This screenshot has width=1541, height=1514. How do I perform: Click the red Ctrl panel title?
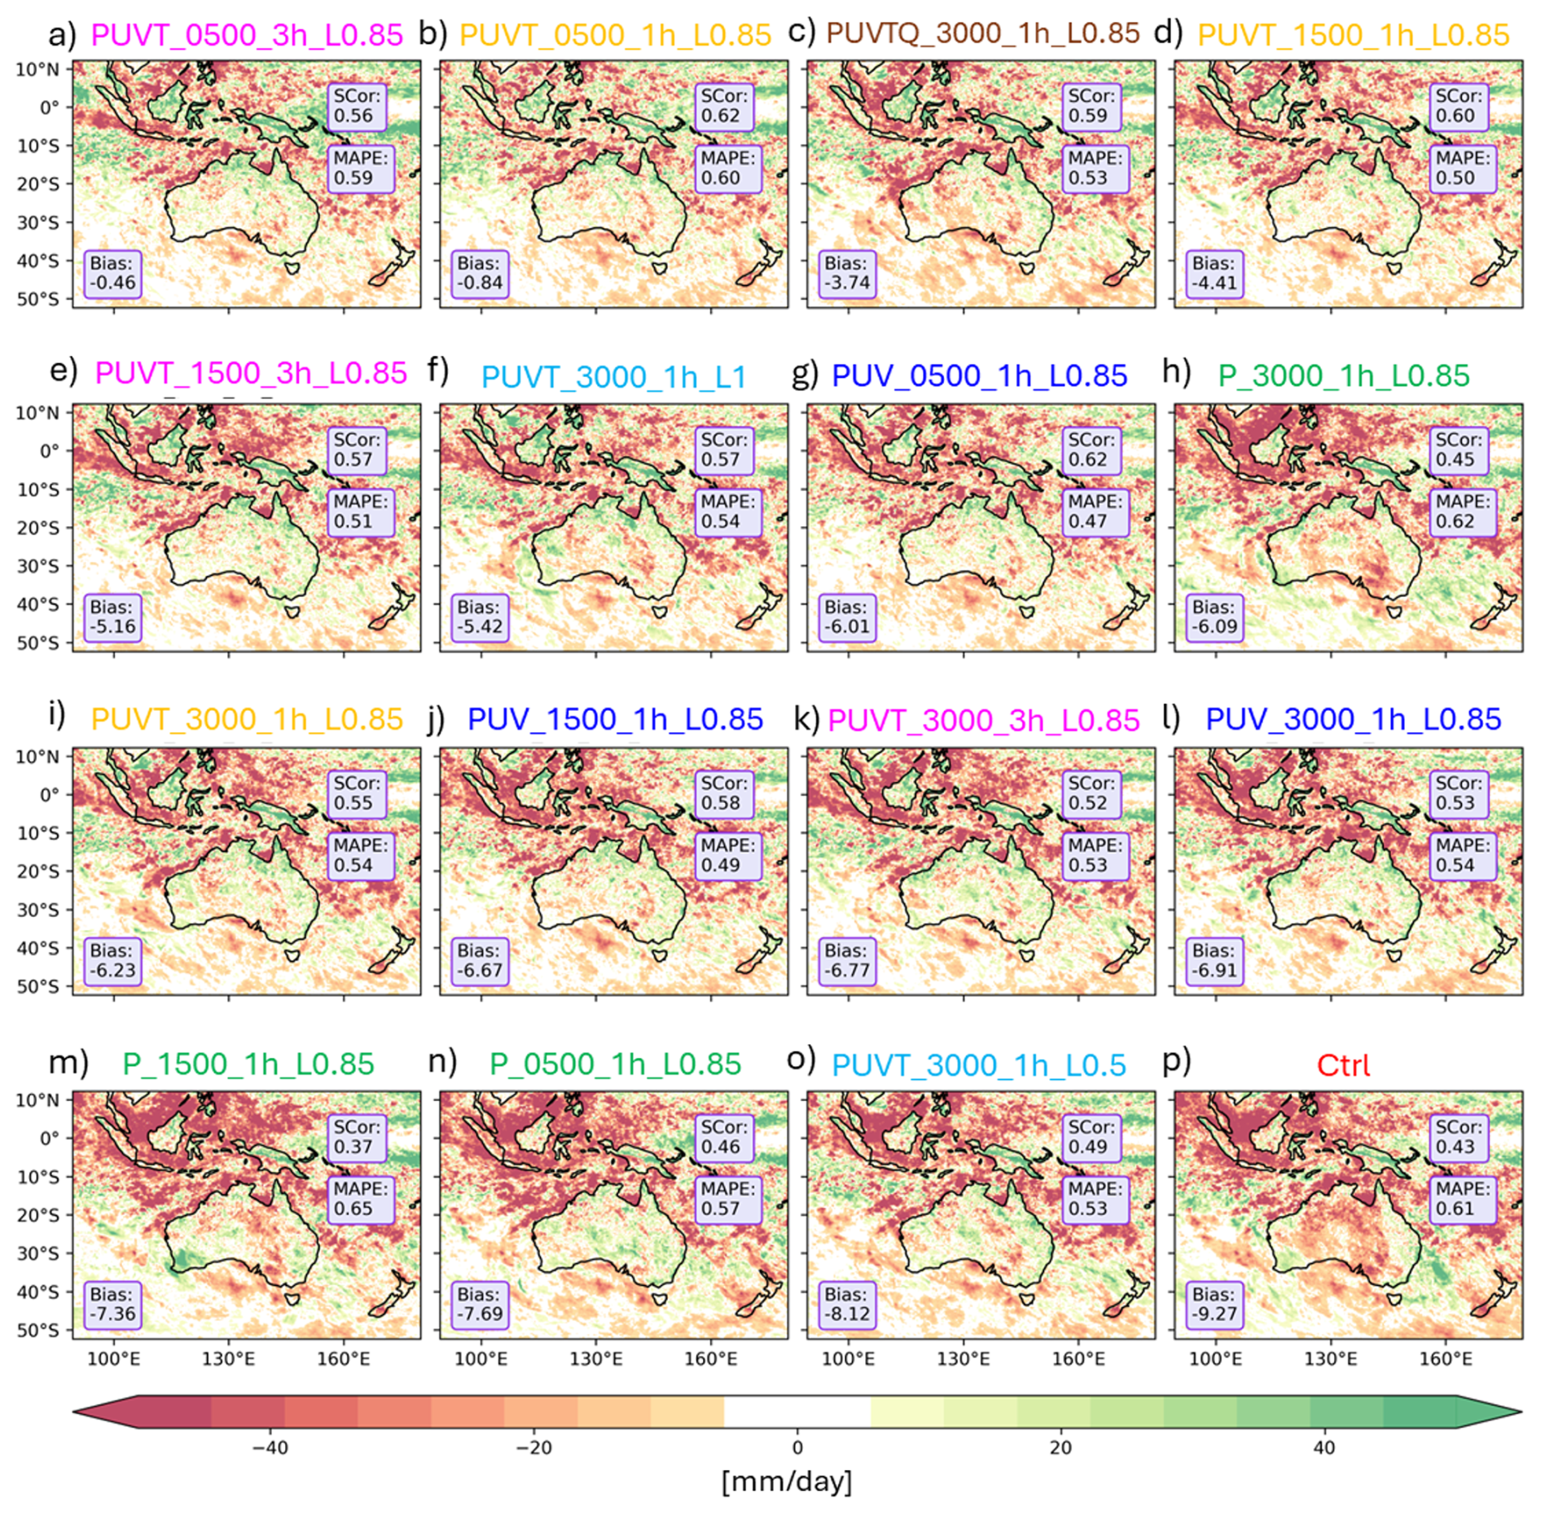[x=1343, y=1064]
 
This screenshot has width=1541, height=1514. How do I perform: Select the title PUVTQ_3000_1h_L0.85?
[x=982, y=33]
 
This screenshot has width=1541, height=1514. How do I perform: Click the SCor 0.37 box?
[x=356, y=1137]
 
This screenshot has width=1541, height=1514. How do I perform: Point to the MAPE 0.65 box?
[x=361, y=1199]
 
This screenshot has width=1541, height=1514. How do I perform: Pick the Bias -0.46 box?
[x=112, y=274]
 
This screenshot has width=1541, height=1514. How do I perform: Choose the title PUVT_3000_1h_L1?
[x=613, y=377]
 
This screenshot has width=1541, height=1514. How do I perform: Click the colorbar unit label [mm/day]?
[x=786, y=1481]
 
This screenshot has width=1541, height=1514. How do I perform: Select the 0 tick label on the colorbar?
[x=797, y=1447]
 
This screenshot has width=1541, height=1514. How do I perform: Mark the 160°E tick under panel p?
[x=1446, y=1359]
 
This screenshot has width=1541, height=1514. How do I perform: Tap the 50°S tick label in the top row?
[x=38, y=299]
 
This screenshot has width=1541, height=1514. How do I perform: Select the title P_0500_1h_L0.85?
[x=615, y=1064]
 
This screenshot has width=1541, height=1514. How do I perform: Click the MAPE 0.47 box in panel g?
[x=1095, y=511]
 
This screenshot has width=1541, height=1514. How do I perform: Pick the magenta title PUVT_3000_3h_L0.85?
[x=983, y=721]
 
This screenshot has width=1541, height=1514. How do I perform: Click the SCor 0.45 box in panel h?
[x=1458, y=450]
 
